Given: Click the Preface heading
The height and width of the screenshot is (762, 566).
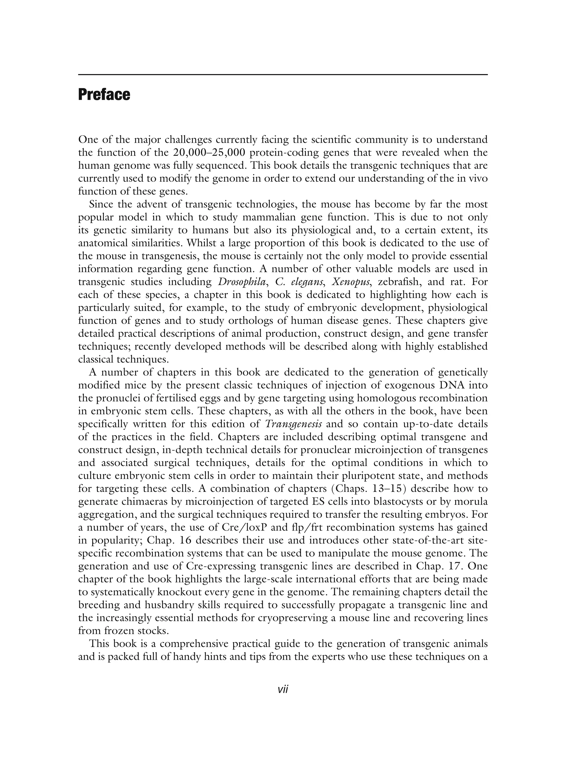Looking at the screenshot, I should [x=104, y=94].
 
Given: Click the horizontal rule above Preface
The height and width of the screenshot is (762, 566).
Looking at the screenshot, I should [x=283, y=75].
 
